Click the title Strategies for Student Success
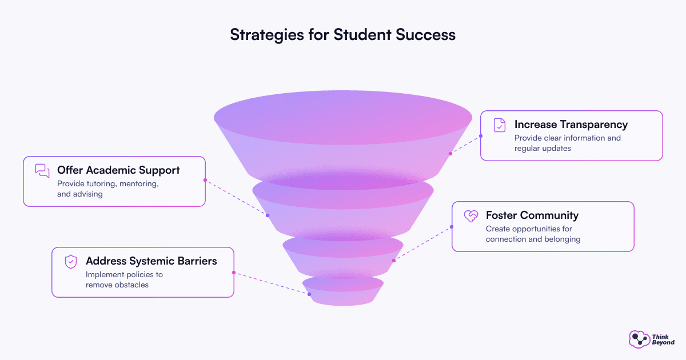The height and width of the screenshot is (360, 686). (x=342, y=35)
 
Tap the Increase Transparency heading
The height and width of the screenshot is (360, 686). (x=571, y=125)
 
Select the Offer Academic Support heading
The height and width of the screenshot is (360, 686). (x=118, y=170)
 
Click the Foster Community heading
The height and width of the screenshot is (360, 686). (x=532, y=215)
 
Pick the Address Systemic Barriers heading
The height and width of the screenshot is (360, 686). (x=151, y=261)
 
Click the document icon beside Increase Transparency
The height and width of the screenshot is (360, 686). (x=500, y=125)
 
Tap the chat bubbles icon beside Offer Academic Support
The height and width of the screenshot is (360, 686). (x=42, y=171)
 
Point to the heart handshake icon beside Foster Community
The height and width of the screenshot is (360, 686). (x=471, y=216)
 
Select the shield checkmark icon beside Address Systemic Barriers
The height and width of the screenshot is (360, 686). (x=71, y=262)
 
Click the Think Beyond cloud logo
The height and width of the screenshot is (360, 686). (x=639, y=339)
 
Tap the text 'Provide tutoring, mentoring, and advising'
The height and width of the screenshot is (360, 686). (x=108, y=189)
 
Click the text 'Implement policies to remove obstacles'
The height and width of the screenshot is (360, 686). (x=124, y=279)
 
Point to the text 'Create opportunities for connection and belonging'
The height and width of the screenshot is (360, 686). (x=533, y=234)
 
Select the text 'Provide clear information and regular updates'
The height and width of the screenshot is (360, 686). (x=568, y=143)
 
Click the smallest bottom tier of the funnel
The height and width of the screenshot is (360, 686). (x=343, y=291)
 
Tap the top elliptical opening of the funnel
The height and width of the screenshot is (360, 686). (x=343, y=117)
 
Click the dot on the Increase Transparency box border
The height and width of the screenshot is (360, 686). (x=481, y=136)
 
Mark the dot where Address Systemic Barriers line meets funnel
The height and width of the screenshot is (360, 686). (x=309, y=294)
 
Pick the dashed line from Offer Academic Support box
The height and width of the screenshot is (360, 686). (x=237, y=198)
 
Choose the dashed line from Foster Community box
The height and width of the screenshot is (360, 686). (x=422, y=243)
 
